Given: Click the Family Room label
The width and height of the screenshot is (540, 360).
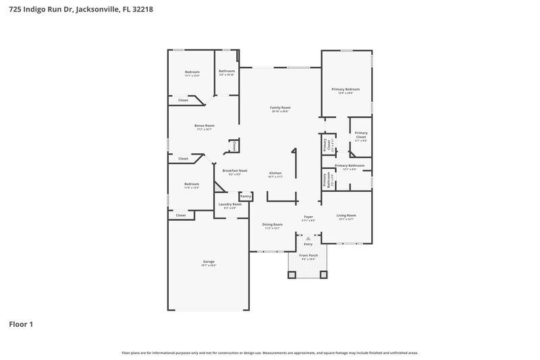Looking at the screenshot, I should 280,108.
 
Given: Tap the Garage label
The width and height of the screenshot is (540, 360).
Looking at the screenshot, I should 209,261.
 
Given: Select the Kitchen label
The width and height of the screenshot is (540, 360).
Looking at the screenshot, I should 275,173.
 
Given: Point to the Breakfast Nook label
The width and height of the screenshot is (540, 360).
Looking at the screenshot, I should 235,171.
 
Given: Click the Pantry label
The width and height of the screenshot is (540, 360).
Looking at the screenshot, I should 245,196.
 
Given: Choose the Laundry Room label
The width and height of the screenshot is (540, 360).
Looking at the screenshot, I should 230,204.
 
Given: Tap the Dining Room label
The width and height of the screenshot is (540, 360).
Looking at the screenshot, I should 272,224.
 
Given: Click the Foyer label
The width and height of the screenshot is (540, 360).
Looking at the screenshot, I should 308,217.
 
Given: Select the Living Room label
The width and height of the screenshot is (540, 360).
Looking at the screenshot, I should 346,215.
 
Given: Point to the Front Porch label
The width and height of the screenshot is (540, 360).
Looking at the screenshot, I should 308,255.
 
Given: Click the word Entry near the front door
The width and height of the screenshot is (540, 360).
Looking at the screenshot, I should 308,244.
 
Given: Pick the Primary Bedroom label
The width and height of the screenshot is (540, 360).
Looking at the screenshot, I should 345,89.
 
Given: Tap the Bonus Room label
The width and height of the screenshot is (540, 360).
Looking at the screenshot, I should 204,126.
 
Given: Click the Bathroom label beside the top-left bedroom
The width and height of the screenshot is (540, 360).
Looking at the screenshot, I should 226,72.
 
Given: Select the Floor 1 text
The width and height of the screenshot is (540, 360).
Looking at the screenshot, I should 21,324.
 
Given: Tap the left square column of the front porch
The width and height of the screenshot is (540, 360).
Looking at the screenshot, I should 292,275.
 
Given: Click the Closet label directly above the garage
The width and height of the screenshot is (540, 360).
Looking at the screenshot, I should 180,215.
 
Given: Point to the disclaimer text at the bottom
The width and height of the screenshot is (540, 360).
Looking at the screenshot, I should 269,353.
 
